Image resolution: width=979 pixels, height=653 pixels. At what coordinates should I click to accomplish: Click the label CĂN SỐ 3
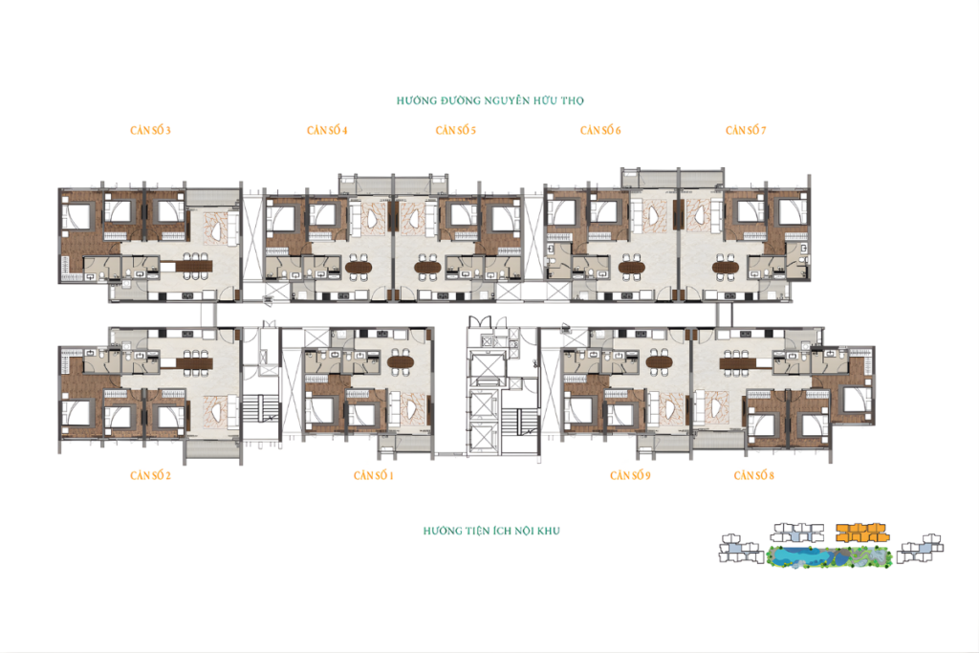coord(150,130)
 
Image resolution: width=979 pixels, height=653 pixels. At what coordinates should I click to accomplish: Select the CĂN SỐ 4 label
coord(327,130)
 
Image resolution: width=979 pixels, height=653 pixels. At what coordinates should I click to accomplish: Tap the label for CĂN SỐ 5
coord(456,130)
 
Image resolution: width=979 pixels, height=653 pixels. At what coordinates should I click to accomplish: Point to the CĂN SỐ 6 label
coord(600,130)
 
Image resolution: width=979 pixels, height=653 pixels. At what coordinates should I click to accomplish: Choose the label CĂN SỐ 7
coord(746,130)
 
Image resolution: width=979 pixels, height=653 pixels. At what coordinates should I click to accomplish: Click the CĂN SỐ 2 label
coord(150,476)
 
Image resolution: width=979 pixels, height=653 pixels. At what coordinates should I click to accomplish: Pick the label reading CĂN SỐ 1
coord(374,476)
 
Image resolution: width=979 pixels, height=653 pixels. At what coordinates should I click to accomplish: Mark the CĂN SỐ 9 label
coord(630,476)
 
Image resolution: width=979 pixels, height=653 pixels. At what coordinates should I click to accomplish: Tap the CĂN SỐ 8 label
coord(753,476)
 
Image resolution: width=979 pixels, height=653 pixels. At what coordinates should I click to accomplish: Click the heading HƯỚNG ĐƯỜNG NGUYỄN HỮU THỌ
coord(490,100)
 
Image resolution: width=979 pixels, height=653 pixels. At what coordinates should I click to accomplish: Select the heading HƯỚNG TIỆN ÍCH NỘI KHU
coord(491,532)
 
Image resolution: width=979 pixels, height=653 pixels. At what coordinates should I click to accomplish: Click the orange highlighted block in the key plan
coord(862,533)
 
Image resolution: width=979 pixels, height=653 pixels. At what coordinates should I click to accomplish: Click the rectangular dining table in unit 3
coord(194,266)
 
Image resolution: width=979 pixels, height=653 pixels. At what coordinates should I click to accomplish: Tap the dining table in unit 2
coord(194,362)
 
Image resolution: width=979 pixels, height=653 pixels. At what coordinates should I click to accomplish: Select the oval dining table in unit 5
coord(427,267)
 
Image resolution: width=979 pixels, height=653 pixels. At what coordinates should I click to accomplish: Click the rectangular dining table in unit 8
coord(739,362)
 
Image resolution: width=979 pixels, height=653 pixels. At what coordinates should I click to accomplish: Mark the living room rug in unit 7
coord(703,216)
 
